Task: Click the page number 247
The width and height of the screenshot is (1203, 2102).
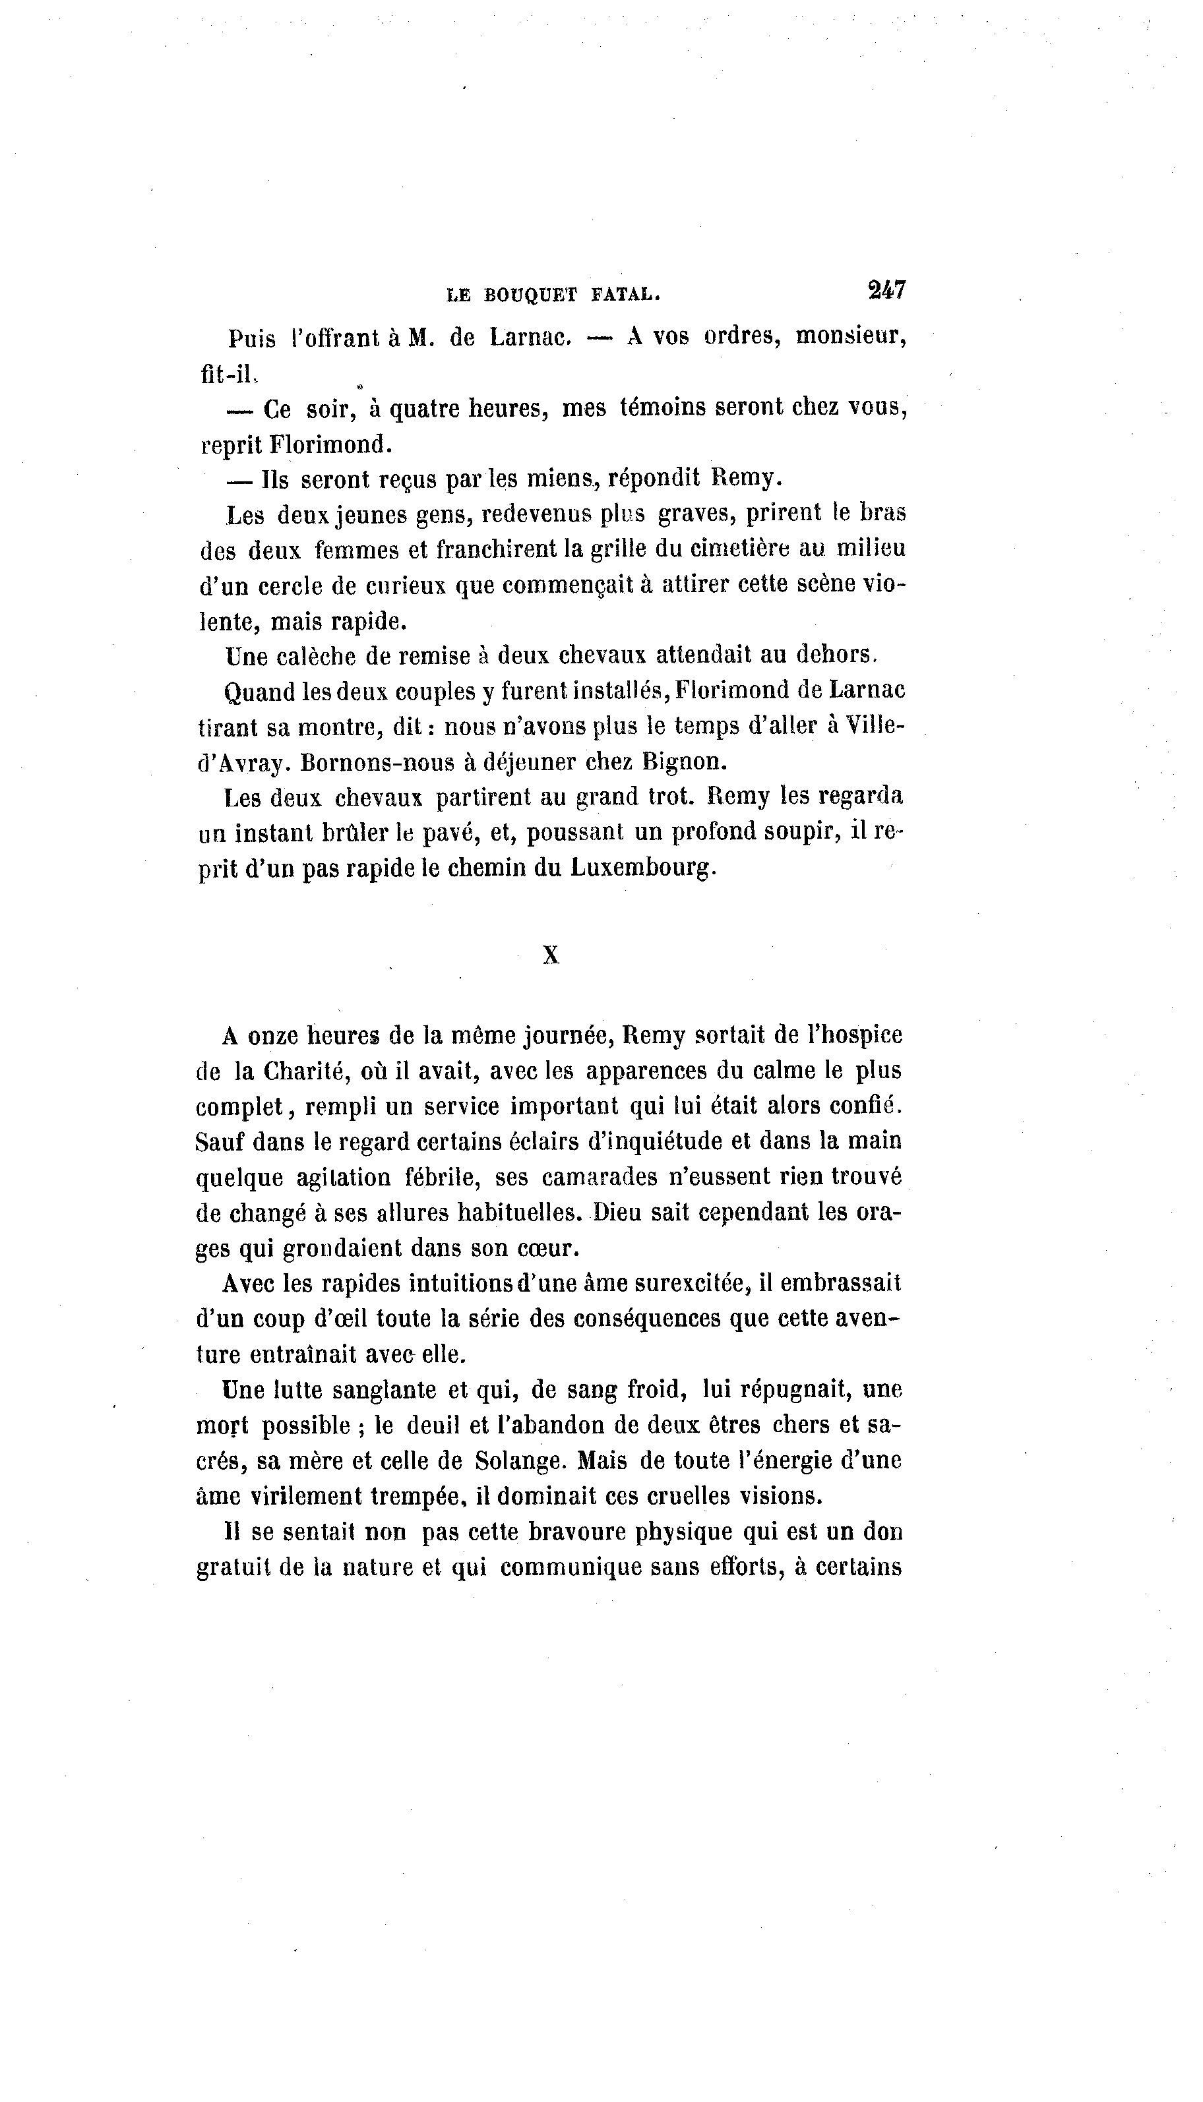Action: coord(886,291)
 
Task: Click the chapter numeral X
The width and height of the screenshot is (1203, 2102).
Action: coord(551,955)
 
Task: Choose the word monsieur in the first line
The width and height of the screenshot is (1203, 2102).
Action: coord(850,338)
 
